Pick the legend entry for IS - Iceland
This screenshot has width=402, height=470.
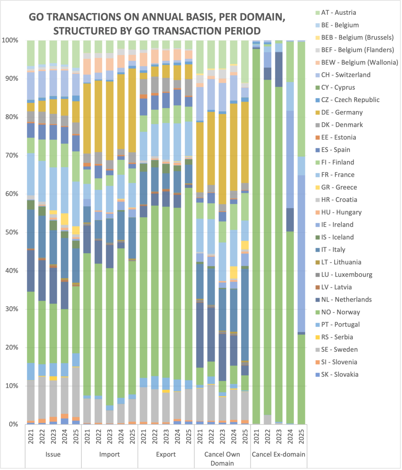click(337, 237)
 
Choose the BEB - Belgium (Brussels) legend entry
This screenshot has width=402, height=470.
click(357, 37)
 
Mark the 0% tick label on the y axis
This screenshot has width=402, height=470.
click(13, 424)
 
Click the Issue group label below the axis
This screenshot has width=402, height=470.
click(53, 454)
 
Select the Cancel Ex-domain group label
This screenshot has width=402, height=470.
click(278, 454)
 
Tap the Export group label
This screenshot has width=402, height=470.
click(166, 454)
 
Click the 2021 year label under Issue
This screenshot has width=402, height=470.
click(31, 437)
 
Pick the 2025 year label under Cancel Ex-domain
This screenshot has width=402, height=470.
click(301, 437)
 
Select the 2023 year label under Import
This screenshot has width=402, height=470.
click(110, 437)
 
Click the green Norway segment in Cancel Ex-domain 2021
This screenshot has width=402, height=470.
click(256, 234)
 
